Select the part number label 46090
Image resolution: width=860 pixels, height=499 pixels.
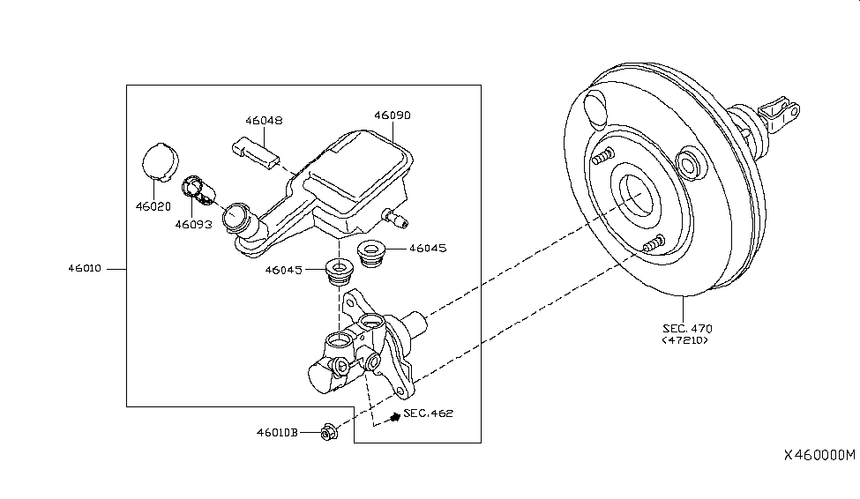(393, 115)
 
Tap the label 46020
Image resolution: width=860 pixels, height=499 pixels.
(153, 206)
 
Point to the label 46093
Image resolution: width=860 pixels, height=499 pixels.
(192, 224)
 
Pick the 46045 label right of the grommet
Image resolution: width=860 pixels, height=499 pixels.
(428, 249)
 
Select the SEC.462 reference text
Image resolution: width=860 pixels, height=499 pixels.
(428, 413)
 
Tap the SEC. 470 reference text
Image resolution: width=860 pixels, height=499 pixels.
(684, 328)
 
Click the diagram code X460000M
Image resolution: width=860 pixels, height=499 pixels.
(819, 455)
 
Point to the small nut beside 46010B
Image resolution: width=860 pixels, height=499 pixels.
(329, 432)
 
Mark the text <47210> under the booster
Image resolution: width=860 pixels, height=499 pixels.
(684, 340)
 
